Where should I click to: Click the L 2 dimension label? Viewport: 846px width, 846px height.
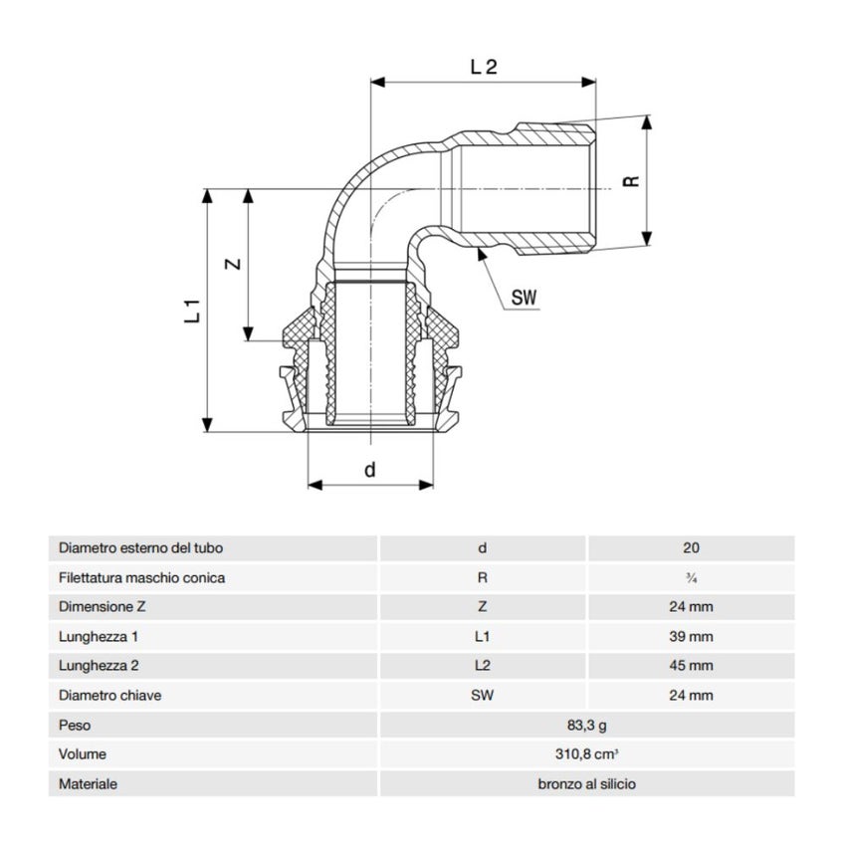click(483, 68)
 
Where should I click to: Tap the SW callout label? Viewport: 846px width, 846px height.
click(524, 297)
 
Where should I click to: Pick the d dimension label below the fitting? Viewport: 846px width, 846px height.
click(370, 470)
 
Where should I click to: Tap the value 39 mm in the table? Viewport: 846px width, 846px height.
click(692, 636)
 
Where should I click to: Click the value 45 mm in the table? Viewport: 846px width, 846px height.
click(692, 666)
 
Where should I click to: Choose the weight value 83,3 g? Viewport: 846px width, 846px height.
click(586, 726)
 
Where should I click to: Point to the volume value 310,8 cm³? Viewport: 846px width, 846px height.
click(586, 754)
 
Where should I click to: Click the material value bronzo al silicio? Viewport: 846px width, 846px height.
click(586, 784)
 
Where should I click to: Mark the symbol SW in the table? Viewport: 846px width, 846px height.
click(482, 696)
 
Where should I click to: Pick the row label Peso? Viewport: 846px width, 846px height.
click(76, 726)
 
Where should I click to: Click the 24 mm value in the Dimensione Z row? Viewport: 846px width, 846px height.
click(692, 607)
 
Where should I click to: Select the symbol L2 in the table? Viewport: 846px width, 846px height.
click(482, 666)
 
